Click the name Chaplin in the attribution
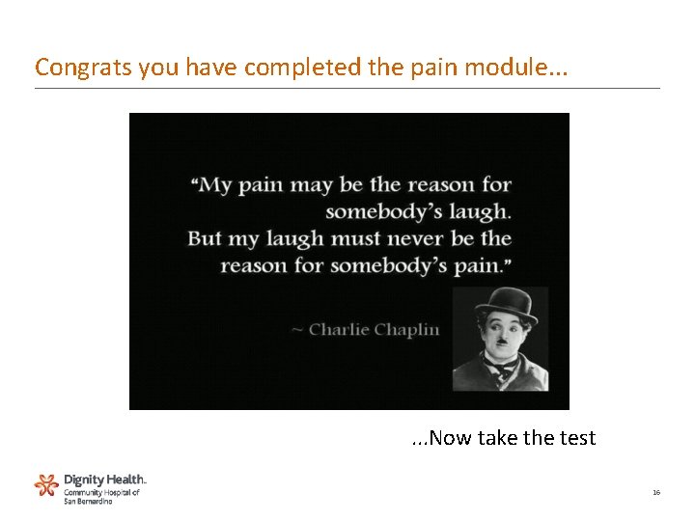pyautogui.click(x=406, y=331)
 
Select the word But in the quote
pyautogui.click(x=205, y=237)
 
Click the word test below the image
pyautogui.click(x=577, y=438)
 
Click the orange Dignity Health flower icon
pyautogui.click(x=46, y=485)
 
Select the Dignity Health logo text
pyautogui.click(x=105, y=479)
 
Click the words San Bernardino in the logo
pyautogui.click(x=88, y=501)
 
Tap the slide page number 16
pyautogui.click(x=656, y=492)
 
